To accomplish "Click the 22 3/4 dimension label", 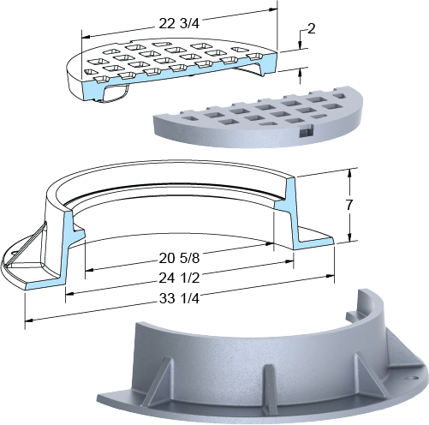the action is pyautogui.click(x=179, y=24).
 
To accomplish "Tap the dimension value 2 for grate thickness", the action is pyautogui.click(x=312, y=28).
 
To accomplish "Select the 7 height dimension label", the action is pyautogui.click(x=349, y=205).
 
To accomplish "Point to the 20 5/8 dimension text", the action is pyautogui.click(x=179, y=259).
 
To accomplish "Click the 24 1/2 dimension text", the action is pyautogui.click(x=179, y=278).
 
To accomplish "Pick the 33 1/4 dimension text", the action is pyautogui.click(x=179, y=299).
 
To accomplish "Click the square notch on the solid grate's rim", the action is pyautogui.click(x=306, y=131).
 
